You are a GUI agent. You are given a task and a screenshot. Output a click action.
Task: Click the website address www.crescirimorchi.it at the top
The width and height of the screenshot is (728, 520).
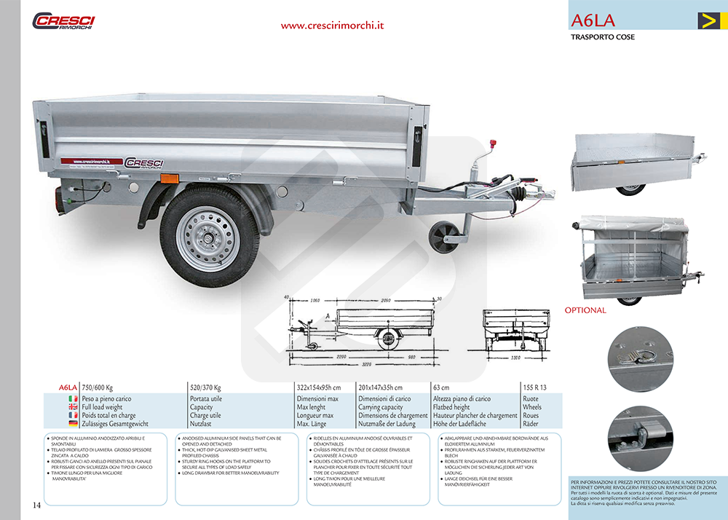(x=333, y=25)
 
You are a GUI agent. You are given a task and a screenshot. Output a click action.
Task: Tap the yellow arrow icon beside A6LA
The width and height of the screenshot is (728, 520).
(x=708, y=20)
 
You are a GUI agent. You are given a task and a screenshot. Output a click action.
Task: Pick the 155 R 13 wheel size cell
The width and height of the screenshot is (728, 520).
(x=534, y=387)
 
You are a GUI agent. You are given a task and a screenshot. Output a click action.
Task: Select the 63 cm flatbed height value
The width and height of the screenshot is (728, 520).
(x=441, y=387)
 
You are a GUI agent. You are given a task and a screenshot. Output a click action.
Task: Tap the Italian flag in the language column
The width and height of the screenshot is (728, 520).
(x=73, y=399)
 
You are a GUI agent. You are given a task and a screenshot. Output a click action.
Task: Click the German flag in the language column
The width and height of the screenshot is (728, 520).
(x=73, y=423)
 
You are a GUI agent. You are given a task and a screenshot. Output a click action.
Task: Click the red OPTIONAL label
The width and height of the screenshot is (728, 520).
(x=585, y=310)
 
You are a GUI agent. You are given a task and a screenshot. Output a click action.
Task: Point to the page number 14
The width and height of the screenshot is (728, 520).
(x=36, y=505)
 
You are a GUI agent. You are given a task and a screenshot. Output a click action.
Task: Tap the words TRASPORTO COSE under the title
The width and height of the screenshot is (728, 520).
(x=603, y=37)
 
